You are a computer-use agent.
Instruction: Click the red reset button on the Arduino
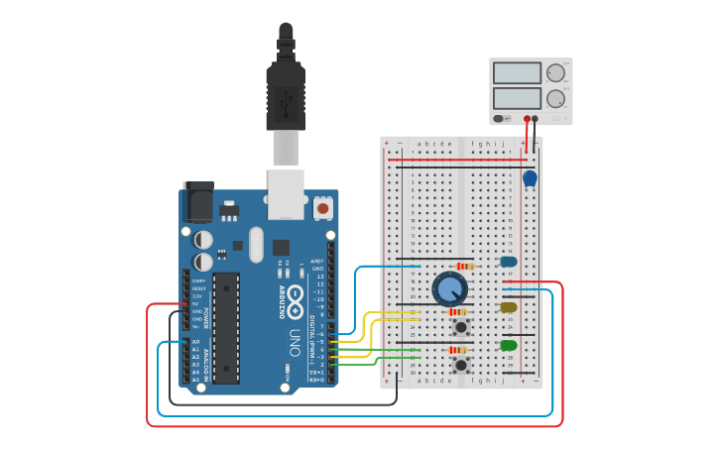pos(322,209)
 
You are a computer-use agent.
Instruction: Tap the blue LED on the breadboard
pos(509,263)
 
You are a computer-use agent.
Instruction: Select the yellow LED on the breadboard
pos(509,308)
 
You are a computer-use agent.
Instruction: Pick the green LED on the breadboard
pos(509,346)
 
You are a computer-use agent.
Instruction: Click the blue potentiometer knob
pos(449,289)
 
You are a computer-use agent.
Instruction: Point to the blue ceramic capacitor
pos(530,178)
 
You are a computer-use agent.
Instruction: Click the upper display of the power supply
pos(517,73)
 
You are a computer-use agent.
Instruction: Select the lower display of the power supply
pos(517,98)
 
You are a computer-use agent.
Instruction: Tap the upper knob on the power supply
pos(555,72)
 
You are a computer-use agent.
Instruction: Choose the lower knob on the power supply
pos(555,98)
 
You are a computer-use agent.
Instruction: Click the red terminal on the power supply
pos(527,118)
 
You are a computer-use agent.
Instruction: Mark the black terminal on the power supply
pos(536,118)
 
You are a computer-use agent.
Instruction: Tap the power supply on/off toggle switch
pos(502,118)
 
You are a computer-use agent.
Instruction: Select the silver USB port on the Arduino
pos(286,192)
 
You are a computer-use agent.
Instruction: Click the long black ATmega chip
pos(226,327)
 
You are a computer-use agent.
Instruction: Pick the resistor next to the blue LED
pos(463,266)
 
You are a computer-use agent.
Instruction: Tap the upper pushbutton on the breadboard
pos(461,326)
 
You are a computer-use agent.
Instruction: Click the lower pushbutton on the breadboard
pos(461,365)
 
